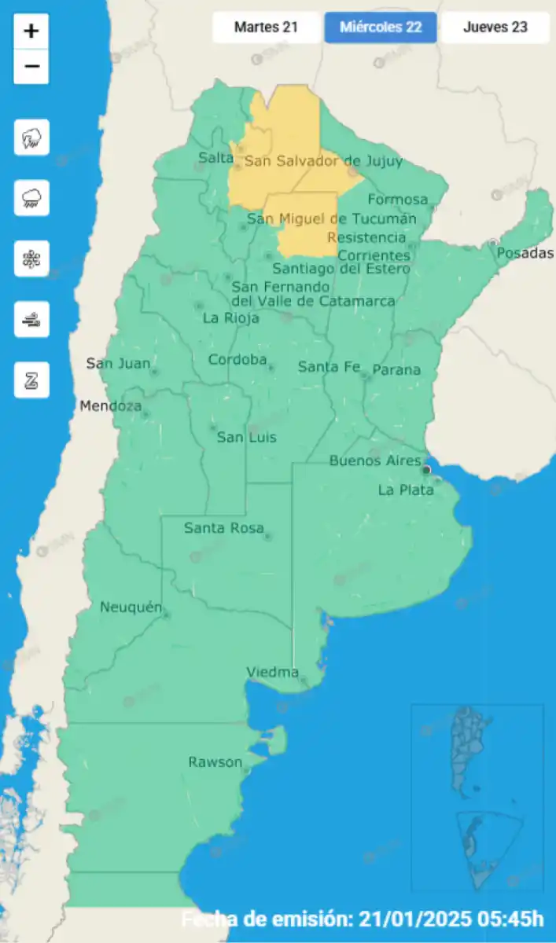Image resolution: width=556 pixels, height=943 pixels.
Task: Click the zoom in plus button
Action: click(31, 31)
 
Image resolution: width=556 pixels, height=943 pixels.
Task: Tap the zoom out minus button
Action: click(31, 67)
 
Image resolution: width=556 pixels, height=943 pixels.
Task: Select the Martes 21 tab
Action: click(267, 28)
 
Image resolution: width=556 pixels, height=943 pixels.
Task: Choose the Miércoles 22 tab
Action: click(381, 28)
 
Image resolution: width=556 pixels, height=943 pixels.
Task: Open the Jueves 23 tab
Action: click(495, 28)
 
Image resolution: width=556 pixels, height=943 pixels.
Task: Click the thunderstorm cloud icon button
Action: click(31, 138)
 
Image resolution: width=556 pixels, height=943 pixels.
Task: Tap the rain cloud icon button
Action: click(31, 198)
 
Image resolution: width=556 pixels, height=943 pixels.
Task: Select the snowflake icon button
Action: click(31, 259)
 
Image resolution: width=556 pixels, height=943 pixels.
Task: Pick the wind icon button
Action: click(31, 319)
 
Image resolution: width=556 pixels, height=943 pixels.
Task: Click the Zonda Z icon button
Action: click(31, 380)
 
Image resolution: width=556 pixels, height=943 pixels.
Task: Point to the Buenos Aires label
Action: click(375, 460)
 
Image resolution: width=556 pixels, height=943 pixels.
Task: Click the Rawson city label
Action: click(215, 762)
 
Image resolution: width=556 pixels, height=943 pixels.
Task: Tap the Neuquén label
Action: click(131, 607)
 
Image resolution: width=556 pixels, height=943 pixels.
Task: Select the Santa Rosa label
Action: click(223, 528)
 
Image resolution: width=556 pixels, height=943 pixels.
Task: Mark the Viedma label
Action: click(273, 672)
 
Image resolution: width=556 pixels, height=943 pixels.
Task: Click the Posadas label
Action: click(525, 253)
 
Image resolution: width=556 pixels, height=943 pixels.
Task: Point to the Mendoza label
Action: click(111, 406)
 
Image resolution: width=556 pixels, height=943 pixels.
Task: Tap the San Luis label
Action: click(246, 437)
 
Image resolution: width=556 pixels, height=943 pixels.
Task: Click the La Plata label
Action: click(405, 490)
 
